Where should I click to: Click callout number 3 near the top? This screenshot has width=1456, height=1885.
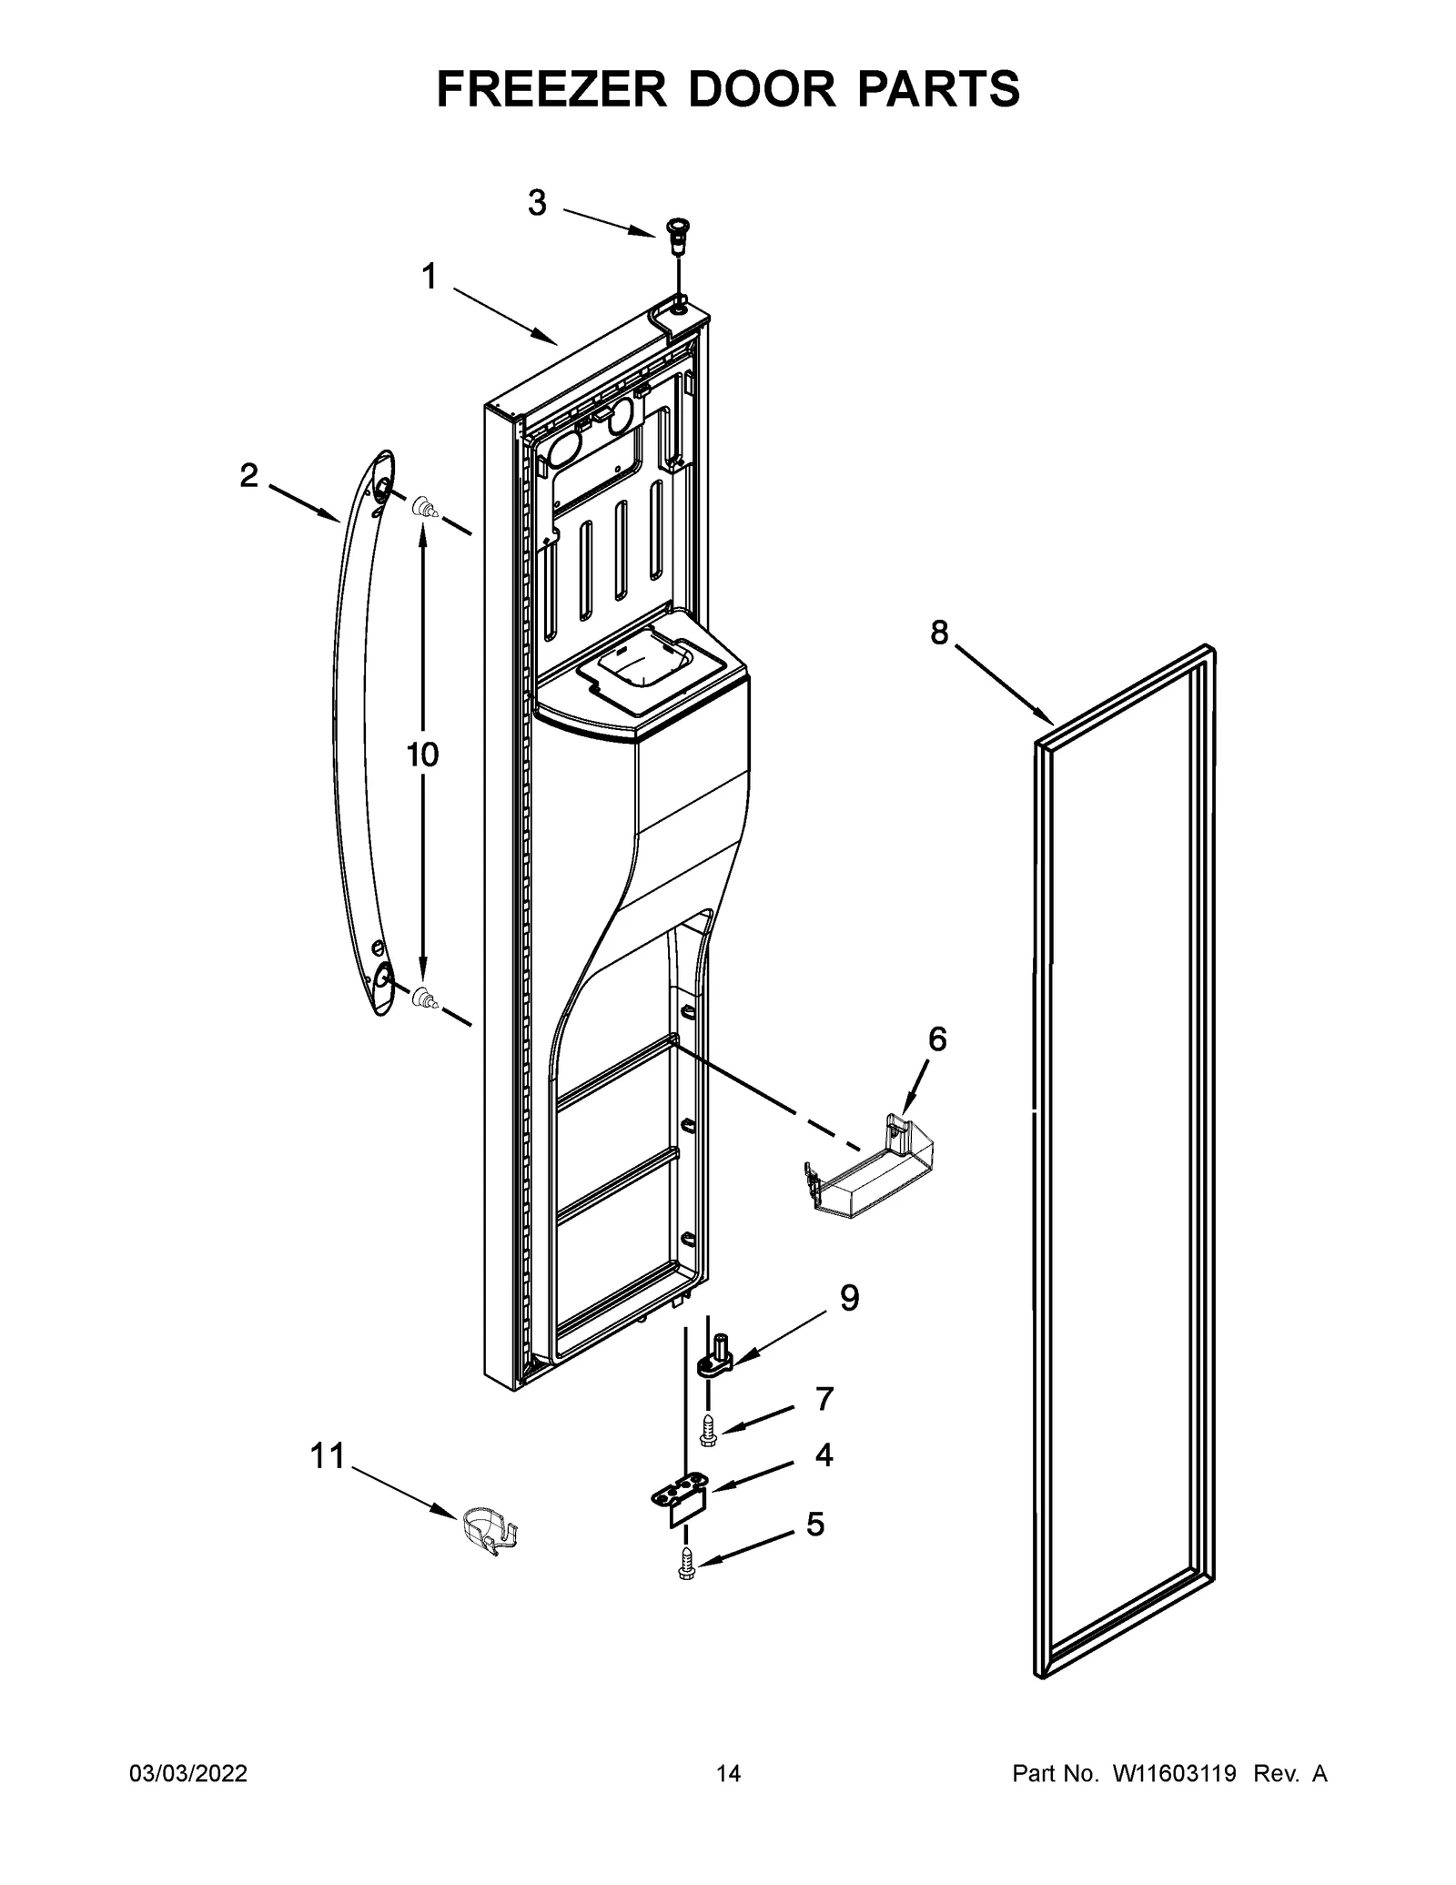point(537,203)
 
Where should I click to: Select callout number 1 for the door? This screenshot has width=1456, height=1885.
point(429,277)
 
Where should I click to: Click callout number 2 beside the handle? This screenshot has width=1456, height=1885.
point(248,474)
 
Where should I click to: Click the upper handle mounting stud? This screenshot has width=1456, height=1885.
point(423,507)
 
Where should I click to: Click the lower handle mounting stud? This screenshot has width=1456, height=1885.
point(423,998)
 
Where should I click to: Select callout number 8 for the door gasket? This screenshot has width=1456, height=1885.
point(939,631)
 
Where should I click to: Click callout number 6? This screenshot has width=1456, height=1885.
point(936,1039)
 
